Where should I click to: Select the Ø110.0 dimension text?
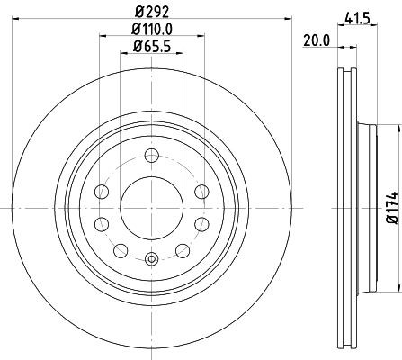coord(151,31)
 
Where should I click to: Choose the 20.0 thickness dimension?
coord(314,40)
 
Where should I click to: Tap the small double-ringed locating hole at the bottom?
coord(151,260)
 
